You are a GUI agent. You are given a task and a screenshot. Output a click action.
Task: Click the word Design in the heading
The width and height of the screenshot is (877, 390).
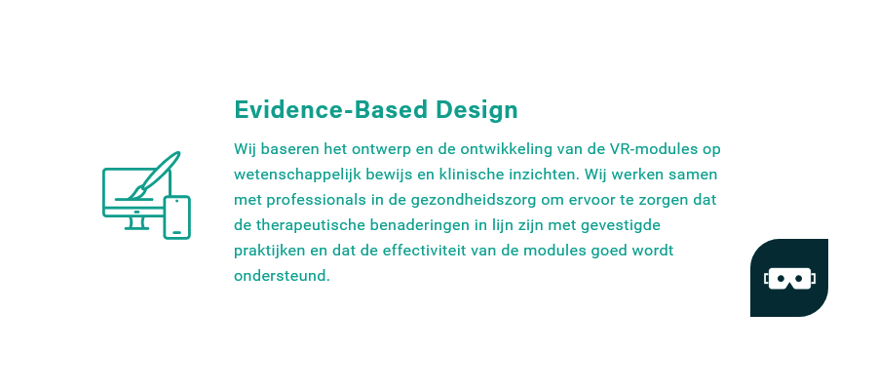pos(477,110)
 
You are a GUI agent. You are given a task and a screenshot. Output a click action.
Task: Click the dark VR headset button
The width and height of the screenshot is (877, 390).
pos(789,278)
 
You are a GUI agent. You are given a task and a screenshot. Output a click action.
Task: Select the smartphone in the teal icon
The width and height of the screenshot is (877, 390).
pos(176,217)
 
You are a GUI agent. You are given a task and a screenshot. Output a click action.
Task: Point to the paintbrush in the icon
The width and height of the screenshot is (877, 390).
pos(154,175)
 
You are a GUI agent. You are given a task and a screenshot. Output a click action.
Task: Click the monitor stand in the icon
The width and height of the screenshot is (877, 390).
pos(136,223)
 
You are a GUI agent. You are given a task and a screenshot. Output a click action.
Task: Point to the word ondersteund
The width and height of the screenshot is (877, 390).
pos(282,275)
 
